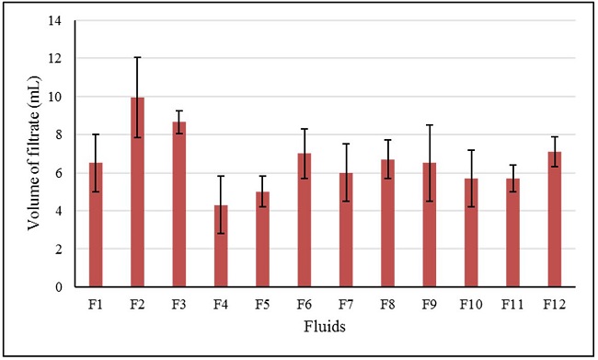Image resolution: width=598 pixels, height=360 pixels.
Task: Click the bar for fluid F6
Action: (304, 220)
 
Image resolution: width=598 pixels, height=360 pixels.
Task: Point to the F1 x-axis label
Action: (96, 301)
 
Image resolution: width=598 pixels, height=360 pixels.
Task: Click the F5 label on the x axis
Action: (262, 301)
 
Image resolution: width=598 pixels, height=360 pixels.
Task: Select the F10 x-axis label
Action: (470, 301)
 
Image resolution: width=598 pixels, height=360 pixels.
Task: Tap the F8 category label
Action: (387, 301)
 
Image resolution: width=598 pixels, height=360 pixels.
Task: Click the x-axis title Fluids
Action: (325, 326)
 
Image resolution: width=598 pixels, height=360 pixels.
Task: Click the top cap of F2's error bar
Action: (137, 57)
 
